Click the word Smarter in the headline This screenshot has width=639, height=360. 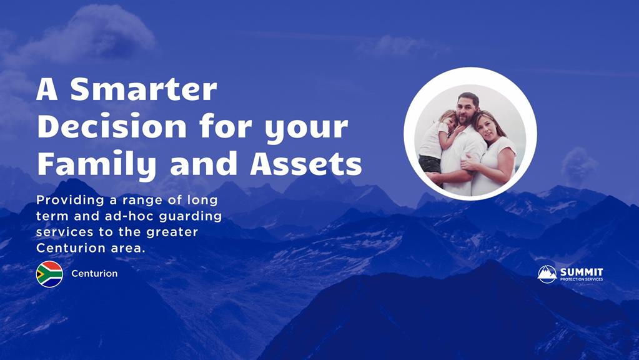click(144, 89)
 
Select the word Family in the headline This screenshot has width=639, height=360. click(97, 165)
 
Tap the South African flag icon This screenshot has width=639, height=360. click(49, 274)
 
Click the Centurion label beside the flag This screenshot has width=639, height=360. click(94, 274)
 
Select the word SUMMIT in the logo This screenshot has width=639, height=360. click(582, 272)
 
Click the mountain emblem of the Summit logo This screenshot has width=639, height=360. click(547, 274)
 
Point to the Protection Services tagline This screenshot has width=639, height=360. click(582, 279)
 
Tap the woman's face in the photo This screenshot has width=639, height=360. click(485, 128)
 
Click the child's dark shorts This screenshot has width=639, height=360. click(430, 165)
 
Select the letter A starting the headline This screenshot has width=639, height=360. click(47, 90)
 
